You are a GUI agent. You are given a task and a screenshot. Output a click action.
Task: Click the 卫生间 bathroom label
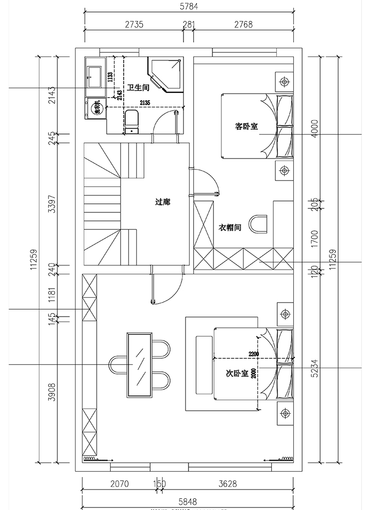[139, 88]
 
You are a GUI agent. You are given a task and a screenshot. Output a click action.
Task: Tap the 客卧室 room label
[246, 127]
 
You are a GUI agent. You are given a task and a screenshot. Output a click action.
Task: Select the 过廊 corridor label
[163, 202]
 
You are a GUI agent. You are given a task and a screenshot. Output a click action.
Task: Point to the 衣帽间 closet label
[230, 227]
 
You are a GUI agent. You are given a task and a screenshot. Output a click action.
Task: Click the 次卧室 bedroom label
[237, 373]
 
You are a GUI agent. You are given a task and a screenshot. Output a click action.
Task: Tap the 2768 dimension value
[242, 24]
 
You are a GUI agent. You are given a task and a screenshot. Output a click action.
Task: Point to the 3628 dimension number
[227, 483]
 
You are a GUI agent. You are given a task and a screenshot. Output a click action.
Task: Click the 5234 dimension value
[314, 367]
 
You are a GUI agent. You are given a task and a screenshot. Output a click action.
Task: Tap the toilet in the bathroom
[132, 122]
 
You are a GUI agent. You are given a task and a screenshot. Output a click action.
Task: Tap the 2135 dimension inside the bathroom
[145, 103]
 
